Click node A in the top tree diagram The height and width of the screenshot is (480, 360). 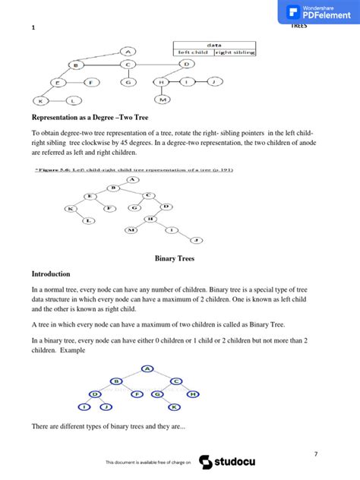128,52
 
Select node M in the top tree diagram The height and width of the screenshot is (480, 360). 163,99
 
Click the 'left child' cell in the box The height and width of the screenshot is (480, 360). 193,52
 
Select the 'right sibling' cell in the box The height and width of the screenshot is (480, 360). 235,52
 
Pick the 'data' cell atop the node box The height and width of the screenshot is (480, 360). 214,45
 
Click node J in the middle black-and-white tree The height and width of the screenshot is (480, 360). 196,240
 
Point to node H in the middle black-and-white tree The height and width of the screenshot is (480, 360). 151,219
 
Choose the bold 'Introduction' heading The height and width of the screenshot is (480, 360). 51,273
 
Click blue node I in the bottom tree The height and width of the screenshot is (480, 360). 85,407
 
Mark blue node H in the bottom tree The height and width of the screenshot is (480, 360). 193,394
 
